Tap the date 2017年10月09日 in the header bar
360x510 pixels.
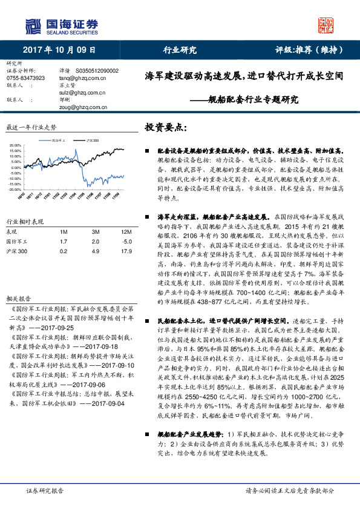pyautogui.click(x=60, y=50)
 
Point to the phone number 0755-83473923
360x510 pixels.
pyautogui.click(x=25, y=78)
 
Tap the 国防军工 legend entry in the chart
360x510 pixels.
pyautogui.click(x=60, y=140)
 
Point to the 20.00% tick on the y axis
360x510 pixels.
pyautogui.click(x=16, y=146)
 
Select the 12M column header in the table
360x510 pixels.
pyautogui.click(x=126, y=232)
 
